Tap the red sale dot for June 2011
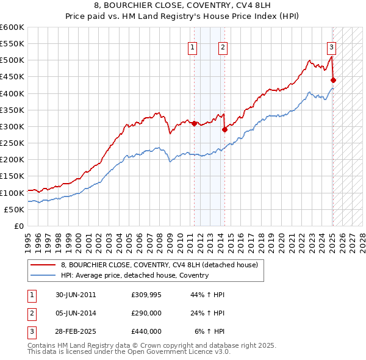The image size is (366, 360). [195, 123]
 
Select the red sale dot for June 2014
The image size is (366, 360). [224, 129]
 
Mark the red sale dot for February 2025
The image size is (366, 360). [334, 80]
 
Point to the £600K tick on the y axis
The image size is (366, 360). [12, 27]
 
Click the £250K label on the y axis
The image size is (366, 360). [12, 143]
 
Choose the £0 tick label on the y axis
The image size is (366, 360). [18, 226]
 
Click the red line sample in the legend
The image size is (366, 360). [43, 265]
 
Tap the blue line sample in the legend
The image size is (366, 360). [43, 275]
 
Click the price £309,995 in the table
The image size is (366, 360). [147, 295]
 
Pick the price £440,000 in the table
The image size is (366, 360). [147, 331]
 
